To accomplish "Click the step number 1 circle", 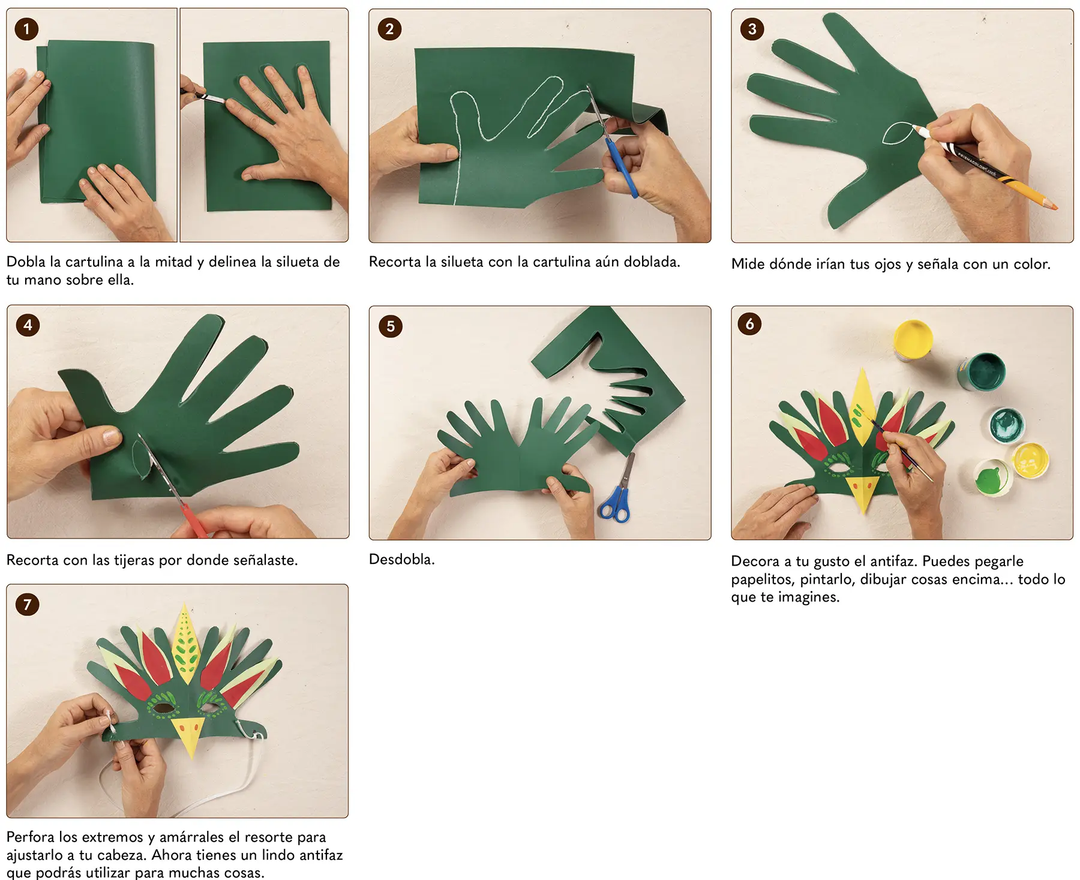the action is (x=26, y=29).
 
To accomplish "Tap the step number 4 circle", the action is (x=28, y=325).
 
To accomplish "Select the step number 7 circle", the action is (x=27, y=604).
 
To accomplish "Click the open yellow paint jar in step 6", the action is (x=913, y=339).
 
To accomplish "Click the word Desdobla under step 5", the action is (x=401, y=559).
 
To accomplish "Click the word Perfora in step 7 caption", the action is (x=30, y=837).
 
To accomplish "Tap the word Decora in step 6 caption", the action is (x=755, y=561).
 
